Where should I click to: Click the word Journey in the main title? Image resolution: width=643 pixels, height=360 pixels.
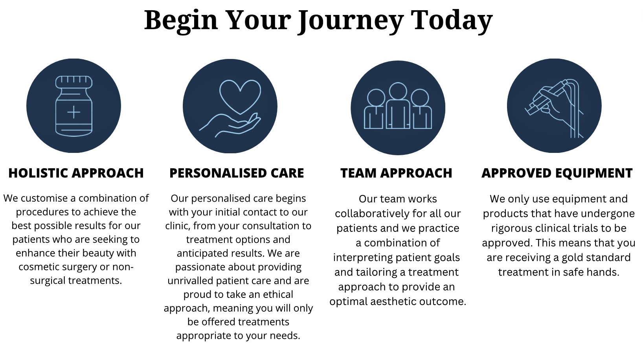351,21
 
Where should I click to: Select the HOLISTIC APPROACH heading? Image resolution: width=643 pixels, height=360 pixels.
76,173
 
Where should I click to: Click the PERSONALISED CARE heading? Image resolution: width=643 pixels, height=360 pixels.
237,173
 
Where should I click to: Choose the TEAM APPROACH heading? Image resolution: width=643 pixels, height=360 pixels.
397,173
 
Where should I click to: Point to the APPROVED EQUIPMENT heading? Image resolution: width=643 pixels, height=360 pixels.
557,173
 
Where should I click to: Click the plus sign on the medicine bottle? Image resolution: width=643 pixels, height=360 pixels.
74,112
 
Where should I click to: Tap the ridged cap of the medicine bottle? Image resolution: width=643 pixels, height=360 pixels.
74,82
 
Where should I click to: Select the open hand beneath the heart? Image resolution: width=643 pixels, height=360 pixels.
230,125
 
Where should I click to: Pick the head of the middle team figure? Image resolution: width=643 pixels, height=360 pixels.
398,91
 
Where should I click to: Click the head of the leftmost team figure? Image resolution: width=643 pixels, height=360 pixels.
376,97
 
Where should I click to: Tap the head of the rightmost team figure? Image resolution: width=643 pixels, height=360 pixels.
420,97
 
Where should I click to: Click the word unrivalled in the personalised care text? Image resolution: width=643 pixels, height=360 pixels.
190,281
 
